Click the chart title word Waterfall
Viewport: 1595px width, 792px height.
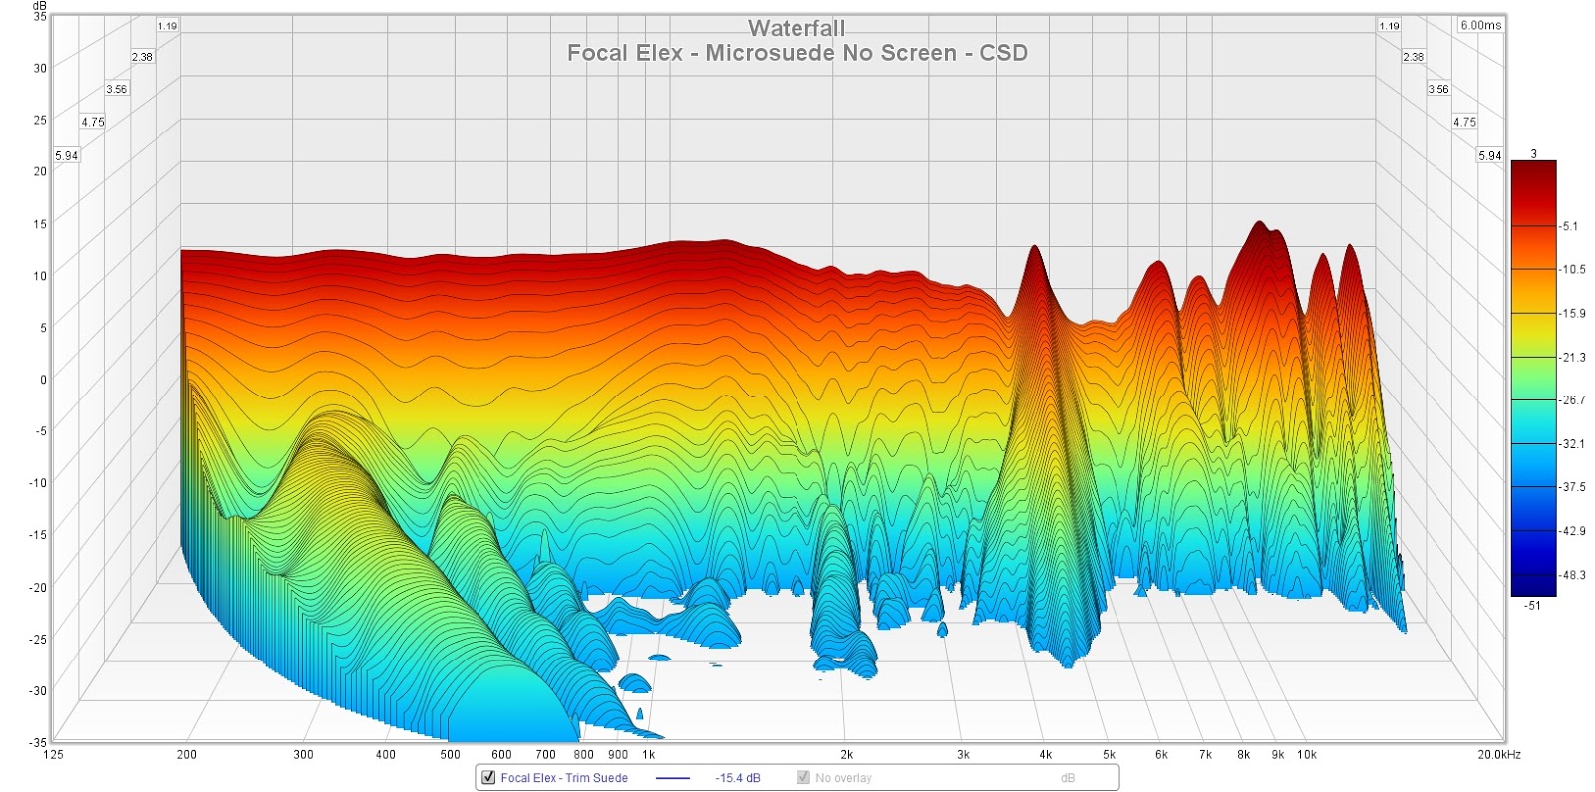(x=797, y=28)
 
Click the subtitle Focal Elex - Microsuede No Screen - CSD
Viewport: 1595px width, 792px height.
(x=797, y=53)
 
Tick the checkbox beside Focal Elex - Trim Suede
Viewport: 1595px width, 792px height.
(x=488, y=777)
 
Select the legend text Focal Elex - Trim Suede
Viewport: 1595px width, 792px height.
(x=564, y=778)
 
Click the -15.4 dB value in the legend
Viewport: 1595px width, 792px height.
(x=737, y=778)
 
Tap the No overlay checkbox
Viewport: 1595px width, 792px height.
(x=802, y=777)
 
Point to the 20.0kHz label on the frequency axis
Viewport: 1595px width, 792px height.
(x=1498, y=755)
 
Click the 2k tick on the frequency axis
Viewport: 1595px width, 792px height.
(x=846, y=755)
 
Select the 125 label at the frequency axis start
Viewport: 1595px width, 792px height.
(x=53, y=755)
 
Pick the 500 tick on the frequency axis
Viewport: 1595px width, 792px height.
(x=450, y=755)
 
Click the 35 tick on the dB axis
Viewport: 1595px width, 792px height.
(x=40, y=17)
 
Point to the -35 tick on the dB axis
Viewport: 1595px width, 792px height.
(x=37, y=742)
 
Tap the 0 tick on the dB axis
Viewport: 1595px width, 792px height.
(x=43, y=379)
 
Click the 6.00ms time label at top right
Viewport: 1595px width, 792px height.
(x=1480, y=25)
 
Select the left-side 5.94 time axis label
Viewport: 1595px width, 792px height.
(x=66, y=156)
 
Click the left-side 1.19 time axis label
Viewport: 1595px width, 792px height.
(x=166, y=26)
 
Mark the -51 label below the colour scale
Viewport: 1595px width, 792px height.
(x=1532, y=605)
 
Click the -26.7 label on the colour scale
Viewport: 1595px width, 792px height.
(x=1573, y=400)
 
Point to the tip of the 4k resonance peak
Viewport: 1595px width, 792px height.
(x=1035, y=246)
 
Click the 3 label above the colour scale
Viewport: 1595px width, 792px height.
(x=1533, y=153)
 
